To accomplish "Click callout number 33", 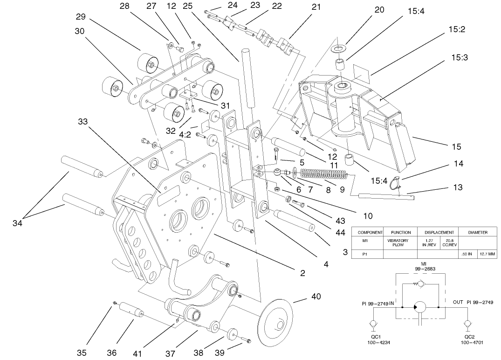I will tap(82, 122).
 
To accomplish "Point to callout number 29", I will tap(81, 17).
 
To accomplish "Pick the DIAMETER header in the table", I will tap(478, 232).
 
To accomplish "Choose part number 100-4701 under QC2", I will tap(470, 342).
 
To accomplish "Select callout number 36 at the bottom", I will tap(112, 353).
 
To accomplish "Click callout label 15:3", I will tap(460, 57).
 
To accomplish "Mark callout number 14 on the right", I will tap(459, 164).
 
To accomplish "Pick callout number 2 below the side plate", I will tap(302, 273).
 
